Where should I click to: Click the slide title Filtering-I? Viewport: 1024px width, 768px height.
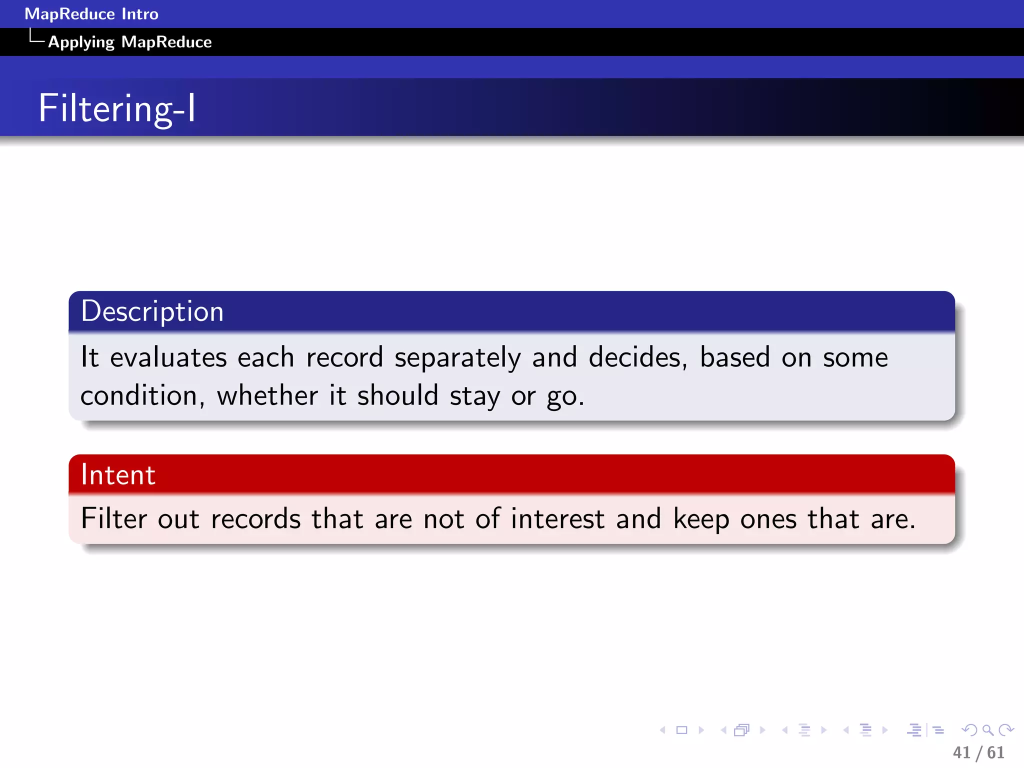click(x=117, y=108)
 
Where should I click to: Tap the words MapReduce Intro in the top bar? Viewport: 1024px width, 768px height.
click(x=91, y=14)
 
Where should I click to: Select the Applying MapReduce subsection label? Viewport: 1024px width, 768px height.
click(x=129, y=42)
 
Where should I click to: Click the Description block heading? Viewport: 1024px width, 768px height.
click(x=152, y=311)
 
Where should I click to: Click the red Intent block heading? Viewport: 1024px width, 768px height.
click(x=118, y=474)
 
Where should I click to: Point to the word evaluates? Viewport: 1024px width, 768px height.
click(x=168, y=358)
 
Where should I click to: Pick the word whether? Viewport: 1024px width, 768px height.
click(x=267, y=396)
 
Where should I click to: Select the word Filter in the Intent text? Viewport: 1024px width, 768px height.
click(x=113, y=518)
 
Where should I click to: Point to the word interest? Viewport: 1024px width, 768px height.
click(x=557, y=519)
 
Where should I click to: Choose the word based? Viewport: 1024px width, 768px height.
click(x=734, y=358)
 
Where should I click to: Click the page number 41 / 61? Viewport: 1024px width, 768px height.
click(x=978, y=752)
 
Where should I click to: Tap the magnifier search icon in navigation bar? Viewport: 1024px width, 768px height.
click(x=987, y=730)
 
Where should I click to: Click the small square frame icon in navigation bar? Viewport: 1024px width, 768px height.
click(x=681, y=730)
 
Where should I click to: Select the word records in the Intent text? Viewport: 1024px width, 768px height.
click(x=255, y=519)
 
